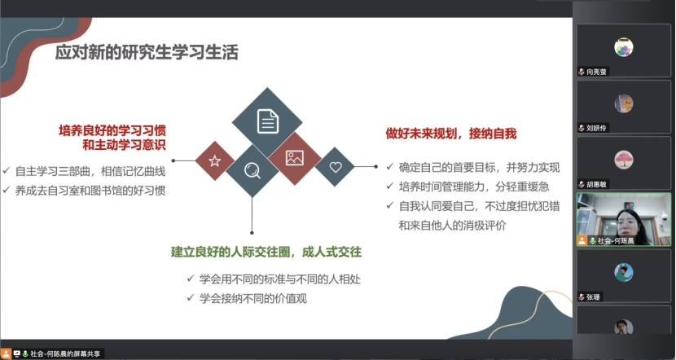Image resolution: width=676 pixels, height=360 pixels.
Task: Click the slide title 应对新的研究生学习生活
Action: click(147, 53)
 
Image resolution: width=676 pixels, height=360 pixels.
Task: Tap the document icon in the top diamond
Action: click(268, 121)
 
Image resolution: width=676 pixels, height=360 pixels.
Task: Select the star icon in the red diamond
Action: click(215, 160)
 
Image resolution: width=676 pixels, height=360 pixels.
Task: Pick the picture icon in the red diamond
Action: click(295, 158)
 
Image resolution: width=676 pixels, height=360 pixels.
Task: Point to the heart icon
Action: click(336, 167)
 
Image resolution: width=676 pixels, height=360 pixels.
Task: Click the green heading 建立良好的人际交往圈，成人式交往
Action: click(266, 252)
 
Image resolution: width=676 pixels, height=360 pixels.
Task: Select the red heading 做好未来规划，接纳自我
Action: click(451, 134)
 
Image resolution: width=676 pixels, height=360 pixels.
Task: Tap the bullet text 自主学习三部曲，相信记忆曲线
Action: click(90, 171)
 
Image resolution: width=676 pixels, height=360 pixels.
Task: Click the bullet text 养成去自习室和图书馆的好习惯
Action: click(90, 191)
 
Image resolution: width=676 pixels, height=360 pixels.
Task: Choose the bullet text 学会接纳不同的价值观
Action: click(253, 298)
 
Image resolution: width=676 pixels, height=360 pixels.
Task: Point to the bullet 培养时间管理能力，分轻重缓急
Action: click(474, 187)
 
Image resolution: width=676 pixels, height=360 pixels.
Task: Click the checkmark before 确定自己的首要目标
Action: click(390, 166)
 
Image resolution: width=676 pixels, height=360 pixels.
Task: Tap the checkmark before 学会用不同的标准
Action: click(191, 279)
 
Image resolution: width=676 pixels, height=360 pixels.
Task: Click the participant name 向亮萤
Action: click(597, 72)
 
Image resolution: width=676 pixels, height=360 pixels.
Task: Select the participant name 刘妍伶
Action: click(597, 128)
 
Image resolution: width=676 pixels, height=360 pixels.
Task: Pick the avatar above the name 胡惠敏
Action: click(624, 160)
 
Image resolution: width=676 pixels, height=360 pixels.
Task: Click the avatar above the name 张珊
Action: click(624, 273)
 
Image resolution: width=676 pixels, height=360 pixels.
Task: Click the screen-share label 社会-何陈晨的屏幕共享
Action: click(65, 354)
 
